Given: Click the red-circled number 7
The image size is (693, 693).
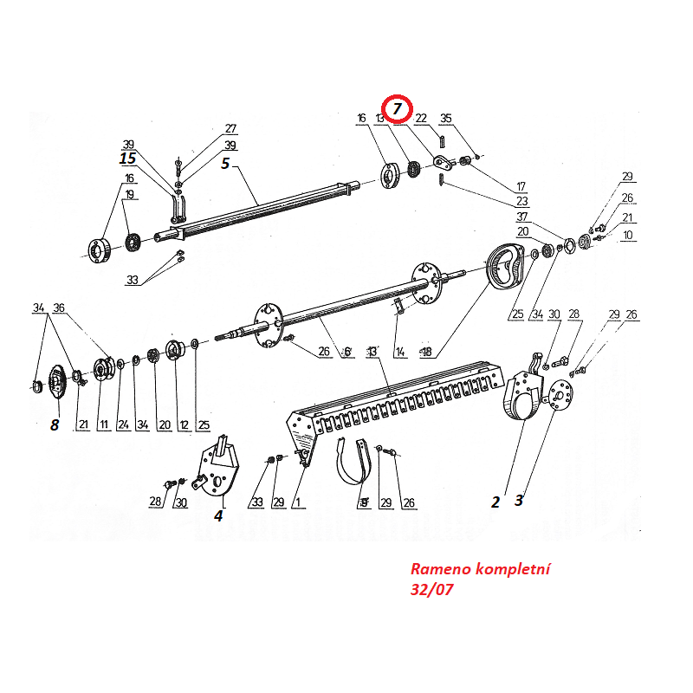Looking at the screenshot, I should [398, 108].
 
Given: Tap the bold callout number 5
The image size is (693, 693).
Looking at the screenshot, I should [225, 163].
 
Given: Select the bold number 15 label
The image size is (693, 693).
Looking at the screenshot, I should [128, 159].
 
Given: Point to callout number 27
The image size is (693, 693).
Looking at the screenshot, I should [230, 129].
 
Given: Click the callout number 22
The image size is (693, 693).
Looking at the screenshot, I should [421, 119].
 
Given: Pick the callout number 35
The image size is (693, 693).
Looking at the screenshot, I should [446, 119].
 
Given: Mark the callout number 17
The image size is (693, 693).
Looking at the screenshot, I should [521, 186].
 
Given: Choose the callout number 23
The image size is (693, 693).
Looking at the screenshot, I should [521, 201].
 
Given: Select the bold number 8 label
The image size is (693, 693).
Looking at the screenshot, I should [55, 424].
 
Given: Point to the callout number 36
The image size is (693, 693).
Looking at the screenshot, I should [59, 308].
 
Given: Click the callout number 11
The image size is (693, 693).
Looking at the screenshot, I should [103, 424].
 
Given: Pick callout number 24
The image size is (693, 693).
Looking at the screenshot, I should [123, 424].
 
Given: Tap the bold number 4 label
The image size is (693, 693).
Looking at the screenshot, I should [218, 515].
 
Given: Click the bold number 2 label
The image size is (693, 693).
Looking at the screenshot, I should [495, 502].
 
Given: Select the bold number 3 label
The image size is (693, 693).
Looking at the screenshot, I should [519, 500].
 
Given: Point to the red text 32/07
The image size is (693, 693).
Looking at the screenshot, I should [431, 590].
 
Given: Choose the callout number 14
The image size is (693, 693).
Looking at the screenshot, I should [399, 352].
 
